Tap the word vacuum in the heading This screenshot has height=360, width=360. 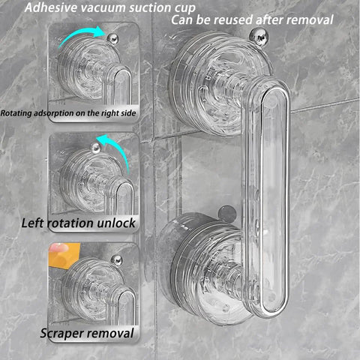point(101,7)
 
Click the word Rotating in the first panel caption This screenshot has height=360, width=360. point(16,113)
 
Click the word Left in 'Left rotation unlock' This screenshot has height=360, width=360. point(33,223)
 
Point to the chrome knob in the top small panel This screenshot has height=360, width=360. point(112,39)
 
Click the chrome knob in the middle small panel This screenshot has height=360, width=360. point(96,148)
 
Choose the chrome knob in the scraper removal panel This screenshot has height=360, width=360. point(117,261)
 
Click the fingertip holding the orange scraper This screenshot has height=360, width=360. point(59,247)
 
